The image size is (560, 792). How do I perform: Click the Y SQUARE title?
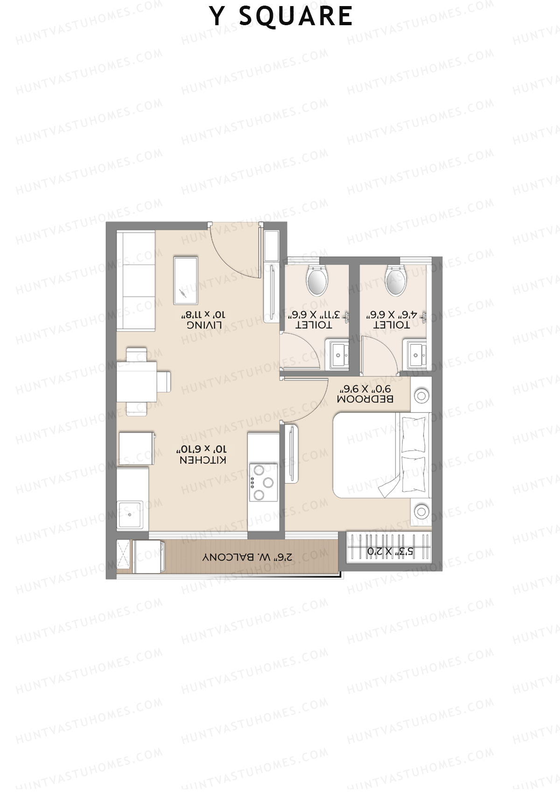[281, 16]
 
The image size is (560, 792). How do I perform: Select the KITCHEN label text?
[203, 460]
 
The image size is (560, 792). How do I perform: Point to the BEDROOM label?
[365, 399]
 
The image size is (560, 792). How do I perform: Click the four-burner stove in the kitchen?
[263, 482]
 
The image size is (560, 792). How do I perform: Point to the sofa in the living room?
[135, 281]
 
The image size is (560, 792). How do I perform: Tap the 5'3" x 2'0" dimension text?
[390, 552]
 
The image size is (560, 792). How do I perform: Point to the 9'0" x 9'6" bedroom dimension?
[365, 388]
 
